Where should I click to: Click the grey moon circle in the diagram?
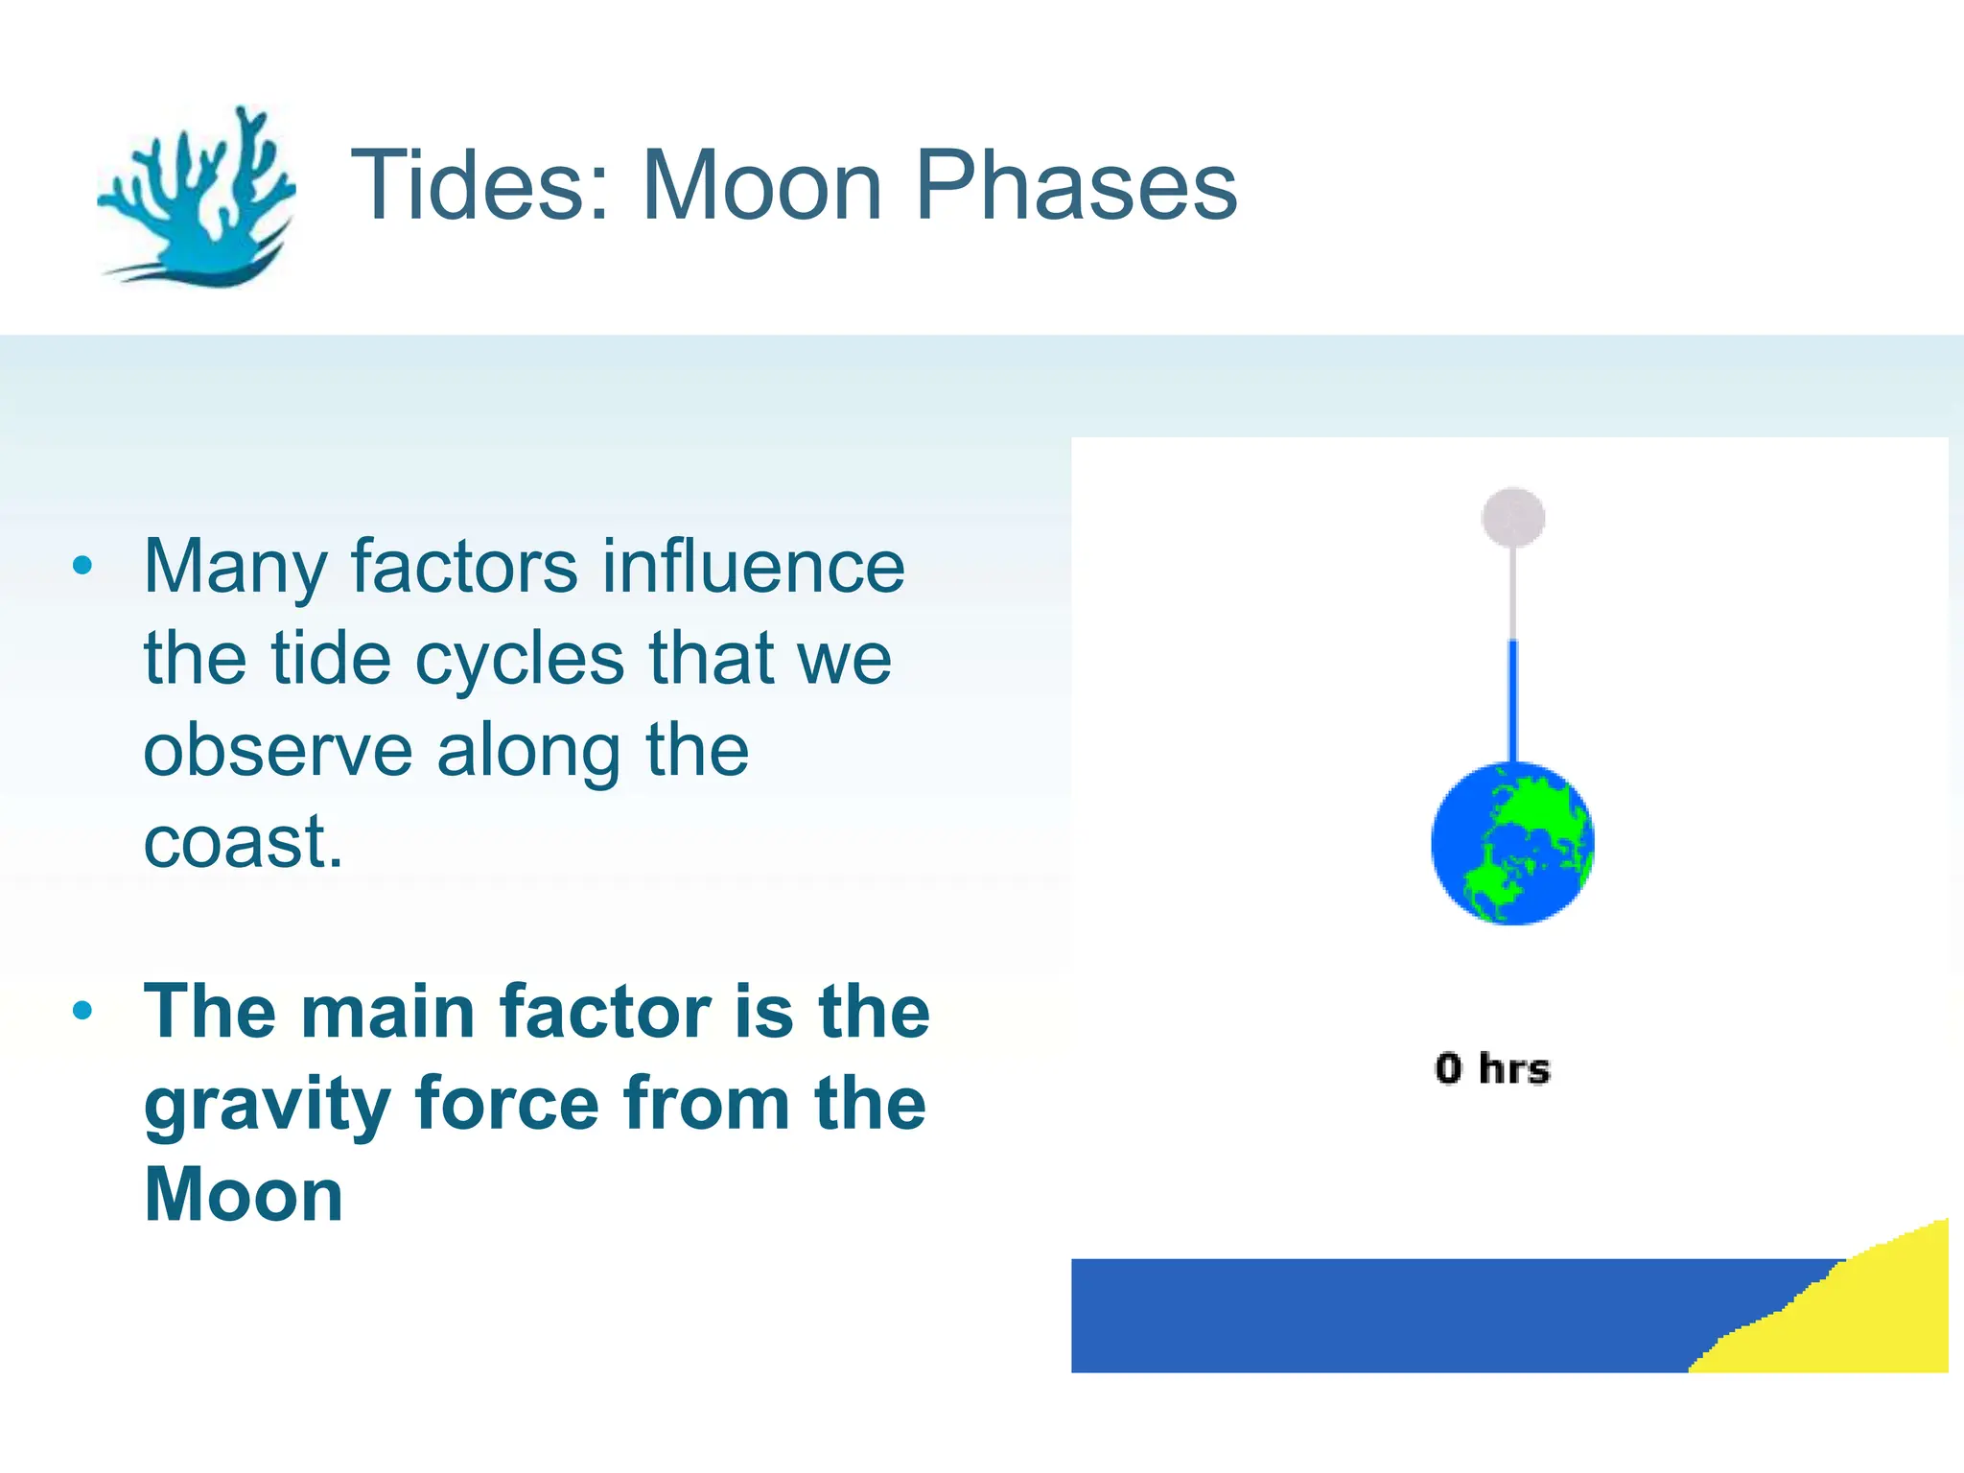pos(1512,517)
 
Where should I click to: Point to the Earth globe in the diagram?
pos(1512,843)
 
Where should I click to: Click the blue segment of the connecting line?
pos(1512,700)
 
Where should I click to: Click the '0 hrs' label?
pos(1492,1068)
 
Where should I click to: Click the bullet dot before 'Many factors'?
pos(82,566)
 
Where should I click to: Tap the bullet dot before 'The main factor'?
pos(82,1011)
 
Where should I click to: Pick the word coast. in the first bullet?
pos(243,842)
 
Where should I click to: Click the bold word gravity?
pos(267,1105)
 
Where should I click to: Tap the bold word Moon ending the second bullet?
pos(244,1195)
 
